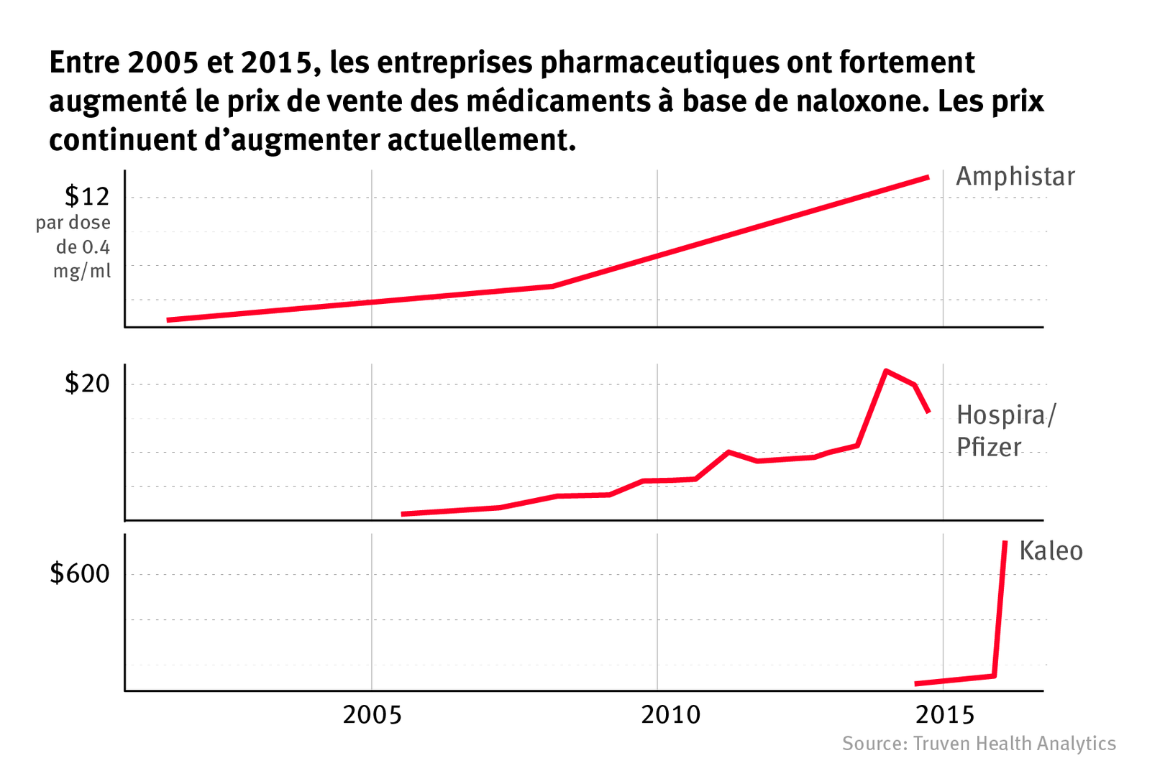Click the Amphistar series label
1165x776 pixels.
(1015, 177)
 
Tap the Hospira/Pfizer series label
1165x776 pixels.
(1005, 431)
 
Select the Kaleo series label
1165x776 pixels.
(1051, 551)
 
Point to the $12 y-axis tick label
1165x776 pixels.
(87, 196)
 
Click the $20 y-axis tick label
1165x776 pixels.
(87, 384)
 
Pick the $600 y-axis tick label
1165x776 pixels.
(80, 574)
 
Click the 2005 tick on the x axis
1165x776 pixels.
(372, 715)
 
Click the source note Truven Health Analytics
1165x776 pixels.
(979, 744)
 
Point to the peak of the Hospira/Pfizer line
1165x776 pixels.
(886, 371)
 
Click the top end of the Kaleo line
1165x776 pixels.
(1005, 542)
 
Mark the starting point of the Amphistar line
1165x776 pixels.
(168, 320)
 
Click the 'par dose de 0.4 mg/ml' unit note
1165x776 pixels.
(74, 247)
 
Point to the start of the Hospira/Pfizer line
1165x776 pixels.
(403, 514)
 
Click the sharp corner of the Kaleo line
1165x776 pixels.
(994, 675)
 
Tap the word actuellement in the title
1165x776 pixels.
(482, 140)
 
